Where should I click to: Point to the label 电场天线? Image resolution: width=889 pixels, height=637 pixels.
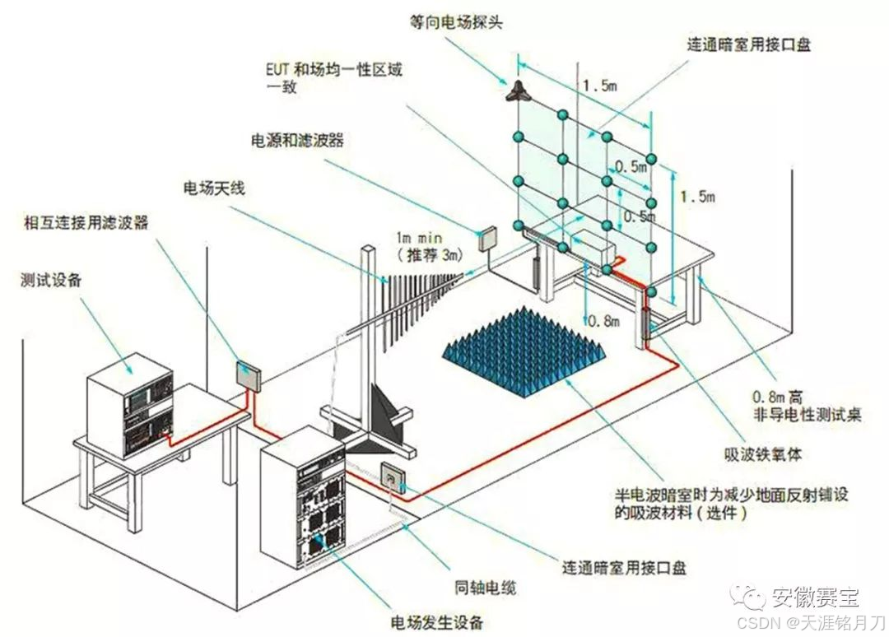click(x=213, y=188)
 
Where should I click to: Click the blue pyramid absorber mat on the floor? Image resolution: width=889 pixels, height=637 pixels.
click(x=524, y=346)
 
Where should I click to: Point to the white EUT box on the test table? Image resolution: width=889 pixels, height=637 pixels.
click(x=592, y=245)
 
